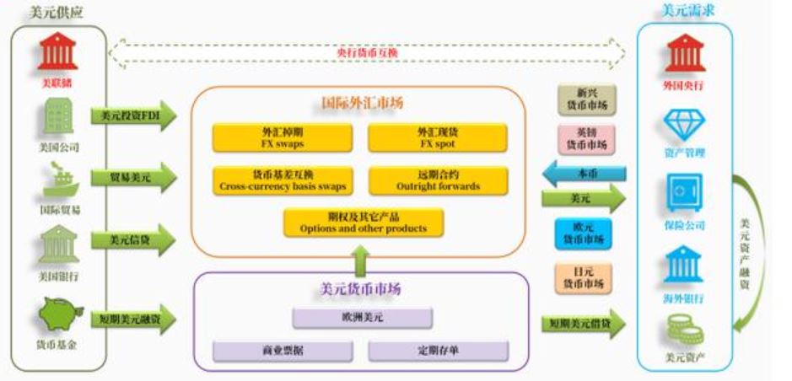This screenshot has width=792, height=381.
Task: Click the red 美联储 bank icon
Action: pyautogui.click(x=57, y=52)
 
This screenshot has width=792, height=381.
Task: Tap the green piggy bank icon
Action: pyautogui.click(x=57, y=314)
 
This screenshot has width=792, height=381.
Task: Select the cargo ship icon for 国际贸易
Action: pyautogui.click(x=57, y=180)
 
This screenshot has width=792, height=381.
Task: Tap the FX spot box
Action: pyautogui.click(x=438, y=138)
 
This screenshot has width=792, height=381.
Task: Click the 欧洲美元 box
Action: pyautogui.click(x=363, y=318)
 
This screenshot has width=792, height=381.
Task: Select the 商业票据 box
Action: pyautogui.click(x=282, y=351)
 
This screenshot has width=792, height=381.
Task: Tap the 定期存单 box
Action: pyautogui.click(x=438, y=351)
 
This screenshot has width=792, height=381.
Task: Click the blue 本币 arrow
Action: pyautogui.click(x=584, y=173)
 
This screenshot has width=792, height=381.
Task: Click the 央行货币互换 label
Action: pyautogui.click(x=367, y=53)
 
